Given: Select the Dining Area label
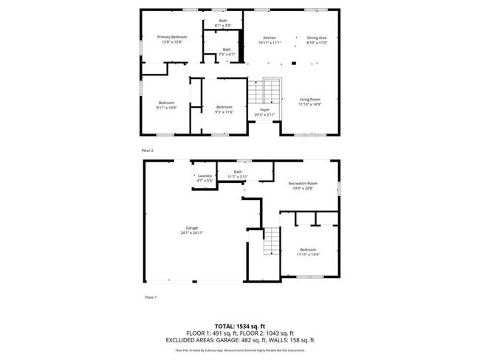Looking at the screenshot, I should point(317,37).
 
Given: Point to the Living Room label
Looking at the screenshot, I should point(309,99).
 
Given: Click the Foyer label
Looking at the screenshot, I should point(264,109).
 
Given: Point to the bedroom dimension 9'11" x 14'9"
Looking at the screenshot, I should point(166,108).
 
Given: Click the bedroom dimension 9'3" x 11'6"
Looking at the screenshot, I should point(224,111).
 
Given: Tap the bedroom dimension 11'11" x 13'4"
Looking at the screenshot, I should point(308,255).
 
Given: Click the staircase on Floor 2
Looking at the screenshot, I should point(272,92).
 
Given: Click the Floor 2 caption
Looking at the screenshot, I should point(147,150).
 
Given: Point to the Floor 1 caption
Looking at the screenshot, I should point(150,297).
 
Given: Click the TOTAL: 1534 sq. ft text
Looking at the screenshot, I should point(240,325).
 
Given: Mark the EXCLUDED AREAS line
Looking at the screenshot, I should point(240,339).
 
